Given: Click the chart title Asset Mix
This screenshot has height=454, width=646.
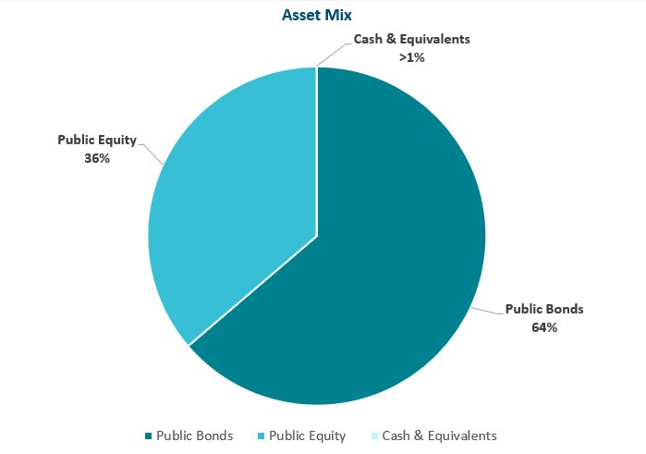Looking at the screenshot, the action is pos(316,15).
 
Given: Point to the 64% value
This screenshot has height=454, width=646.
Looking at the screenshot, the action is pos(544,327).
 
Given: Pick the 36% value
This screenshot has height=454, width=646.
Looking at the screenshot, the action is pos(97,158).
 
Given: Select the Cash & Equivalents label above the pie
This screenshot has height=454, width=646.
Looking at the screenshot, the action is pos(411,39).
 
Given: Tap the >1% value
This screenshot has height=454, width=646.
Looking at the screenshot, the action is pos(411,57).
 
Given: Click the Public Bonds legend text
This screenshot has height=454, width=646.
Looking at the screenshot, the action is pos(194,436).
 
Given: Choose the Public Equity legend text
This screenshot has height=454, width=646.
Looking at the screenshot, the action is pos(308,436).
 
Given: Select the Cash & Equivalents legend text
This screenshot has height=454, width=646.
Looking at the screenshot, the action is pos(440,436).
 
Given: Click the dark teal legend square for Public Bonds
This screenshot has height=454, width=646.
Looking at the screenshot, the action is pos(148,436).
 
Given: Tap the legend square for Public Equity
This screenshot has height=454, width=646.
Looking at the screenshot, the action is pos(261,436).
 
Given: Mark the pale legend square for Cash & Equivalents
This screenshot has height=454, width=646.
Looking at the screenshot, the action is pos(374,436).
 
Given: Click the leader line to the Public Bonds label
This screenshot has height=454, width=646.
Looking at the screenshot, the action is pos(488,312).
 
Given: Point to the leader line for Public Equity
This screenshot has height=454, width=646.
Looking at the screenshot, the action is pos(152,153).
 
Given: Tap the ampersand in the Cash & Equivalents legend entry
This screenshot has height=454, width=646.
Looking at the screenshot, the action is pos(418,436).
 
